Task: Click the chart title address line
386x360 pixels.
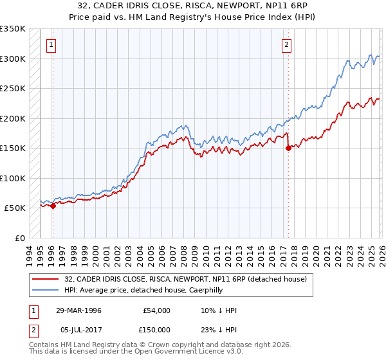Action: click(x=192, y=6)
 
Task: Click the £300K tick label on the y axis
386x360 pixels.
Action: click(x=13, y=59)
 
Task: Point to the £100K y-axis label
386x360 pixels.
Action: click(x=13, y=178)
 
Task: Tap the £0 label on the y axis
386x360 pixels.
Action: click(x=19, y=238)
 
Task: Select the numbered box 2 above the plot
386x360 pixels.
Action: click(x=286, y=45)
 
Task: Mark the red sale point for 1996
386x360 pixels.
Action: click(x=53, y=206)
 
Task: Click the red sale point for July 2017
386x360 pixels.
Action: click(x=288, y=148)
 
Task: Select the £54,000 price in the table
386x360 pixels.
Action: click(x=157, y=310)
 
